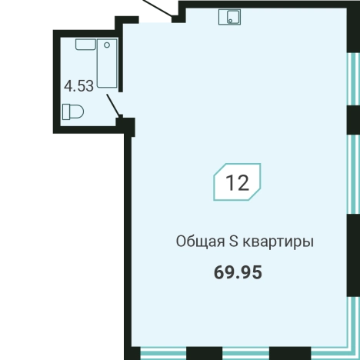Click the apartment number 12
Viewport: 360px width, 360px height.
(237, 183)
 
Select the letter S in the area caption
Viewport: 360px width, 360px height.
(236, 242)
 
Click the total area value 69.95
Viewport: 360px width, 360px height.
(237, 272)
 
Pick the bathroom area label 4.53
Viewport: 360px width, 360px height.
(78, 86)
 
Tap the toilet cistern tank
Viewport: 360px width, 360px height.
(65, 112)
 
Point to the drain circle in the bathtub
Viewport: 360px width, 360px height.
(108, 47)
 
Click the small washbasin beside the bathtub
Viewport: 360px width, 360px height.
(83, 45)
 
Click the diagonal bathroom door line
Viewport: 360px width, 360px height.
(112, 104)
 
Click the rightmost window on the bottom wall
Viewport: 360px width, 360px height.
(316, 351)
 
